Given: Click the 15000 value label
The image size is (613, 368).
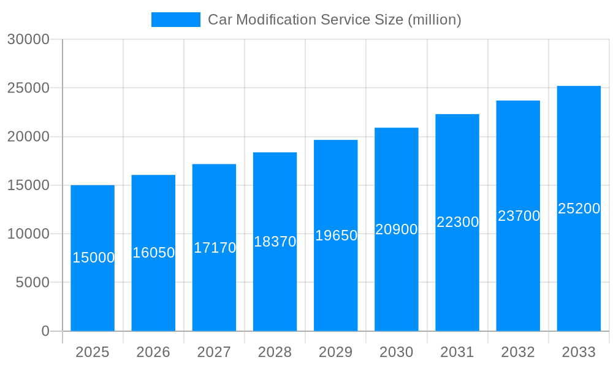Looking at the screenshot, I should [93, 258].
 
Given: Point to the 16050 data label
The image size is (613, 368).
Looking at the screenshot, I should [154, 253].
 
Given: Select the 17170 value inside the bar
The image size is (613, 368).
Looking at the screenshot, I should [215, 248].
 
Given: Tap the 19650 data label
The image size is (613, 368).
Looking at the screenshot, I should [336, 236].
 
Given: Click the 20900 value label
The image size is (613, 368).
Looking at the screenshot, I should [397, 229].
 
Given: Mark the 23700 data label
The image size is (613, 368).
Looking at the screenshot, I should [519, 216].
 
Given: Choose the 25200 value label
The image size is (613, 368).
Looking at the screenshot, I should [579, 209].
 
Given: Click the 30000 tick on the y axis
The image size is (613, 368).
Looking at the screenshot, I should [28, 39].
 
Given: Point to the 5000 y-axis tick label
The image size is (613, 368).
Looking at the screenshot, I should [32, 283].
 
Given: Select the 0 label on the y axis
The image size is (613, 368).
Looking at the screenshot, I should [45, 331].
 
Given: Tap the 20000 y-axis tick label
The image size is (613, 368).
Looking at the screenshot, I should [28, 137].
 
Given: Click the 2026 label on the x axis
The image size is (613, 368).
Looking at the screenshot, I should [153, 352].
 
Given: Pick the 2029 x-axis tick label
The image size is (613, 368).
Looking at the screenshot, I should [336, 352].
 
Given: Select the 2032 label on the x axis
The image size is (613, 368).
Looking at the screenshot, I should [518, 352].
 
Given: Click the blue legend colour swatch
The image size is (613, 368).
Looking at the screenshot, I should [176, 20].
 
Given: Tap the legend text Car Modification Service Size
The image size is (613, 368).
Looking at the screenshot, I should [334, 20].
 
